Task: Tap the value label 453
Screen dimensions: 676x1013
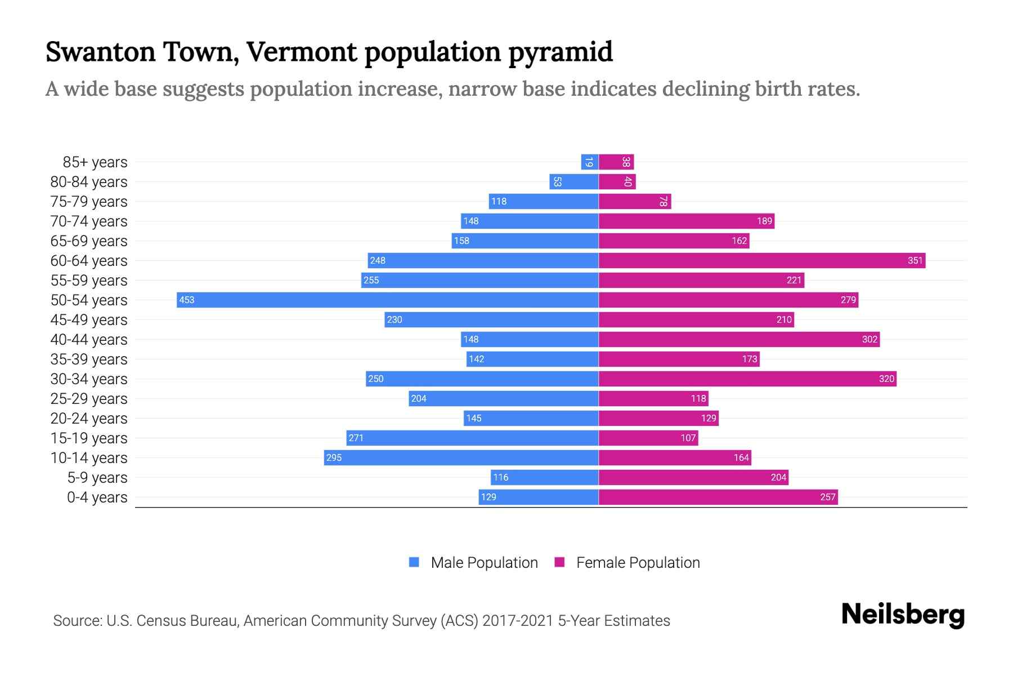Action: [x=186, y=300]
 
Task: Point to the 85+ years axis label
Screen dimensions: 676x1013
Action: [x=95, y=162]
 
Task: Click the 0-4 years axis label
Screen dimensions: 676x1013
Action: [x=97, y=497]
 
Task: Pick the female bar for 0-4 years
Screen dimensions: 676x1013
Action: [x=718, y=497]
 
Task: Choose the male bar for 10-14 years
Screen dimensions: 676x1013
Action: [x=461, y=457]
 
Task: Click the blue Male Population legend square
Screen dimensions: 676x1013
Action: [x=414, y=562]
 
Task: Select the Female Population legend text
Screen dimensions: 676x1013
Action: [x=638, y=563]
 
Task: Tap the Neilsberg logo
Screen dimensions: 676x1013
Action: [x=903, y=615]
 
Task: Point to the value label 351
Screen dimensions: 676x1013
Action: [x=915, y=260]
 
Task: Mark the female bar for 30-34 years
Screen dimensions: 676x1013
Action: [x=747, y=379]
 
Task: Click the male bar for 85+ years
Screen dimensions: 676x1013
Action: [x=589, y=162]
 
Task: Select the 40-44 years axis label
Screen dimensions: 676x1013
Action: [x=89, y=340]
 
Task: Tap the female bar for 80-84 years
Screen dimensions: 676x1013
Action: [x=616, y=181]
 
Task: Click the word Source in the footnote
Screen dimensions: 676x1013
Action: [x=76, y=621]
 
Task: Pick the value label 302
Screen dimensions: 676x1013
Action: [x=869, y=339]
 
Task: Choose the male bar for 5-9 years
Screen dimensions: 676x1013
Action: [x=544, y=477]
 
